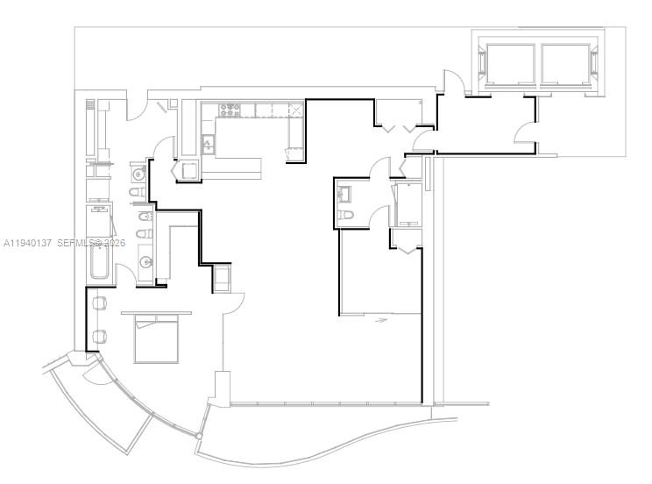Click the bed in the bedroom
tap(156, 341)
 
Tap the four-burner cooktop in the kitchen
tap(230, 110)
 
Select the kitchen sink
tap(208, 145)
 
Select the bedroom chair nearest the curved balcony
tap(100, 336)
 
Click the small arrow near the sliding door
tap(381, 321)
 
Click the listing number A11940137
tap(29, 242)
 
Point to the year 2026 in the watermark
tap(114, 242)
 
